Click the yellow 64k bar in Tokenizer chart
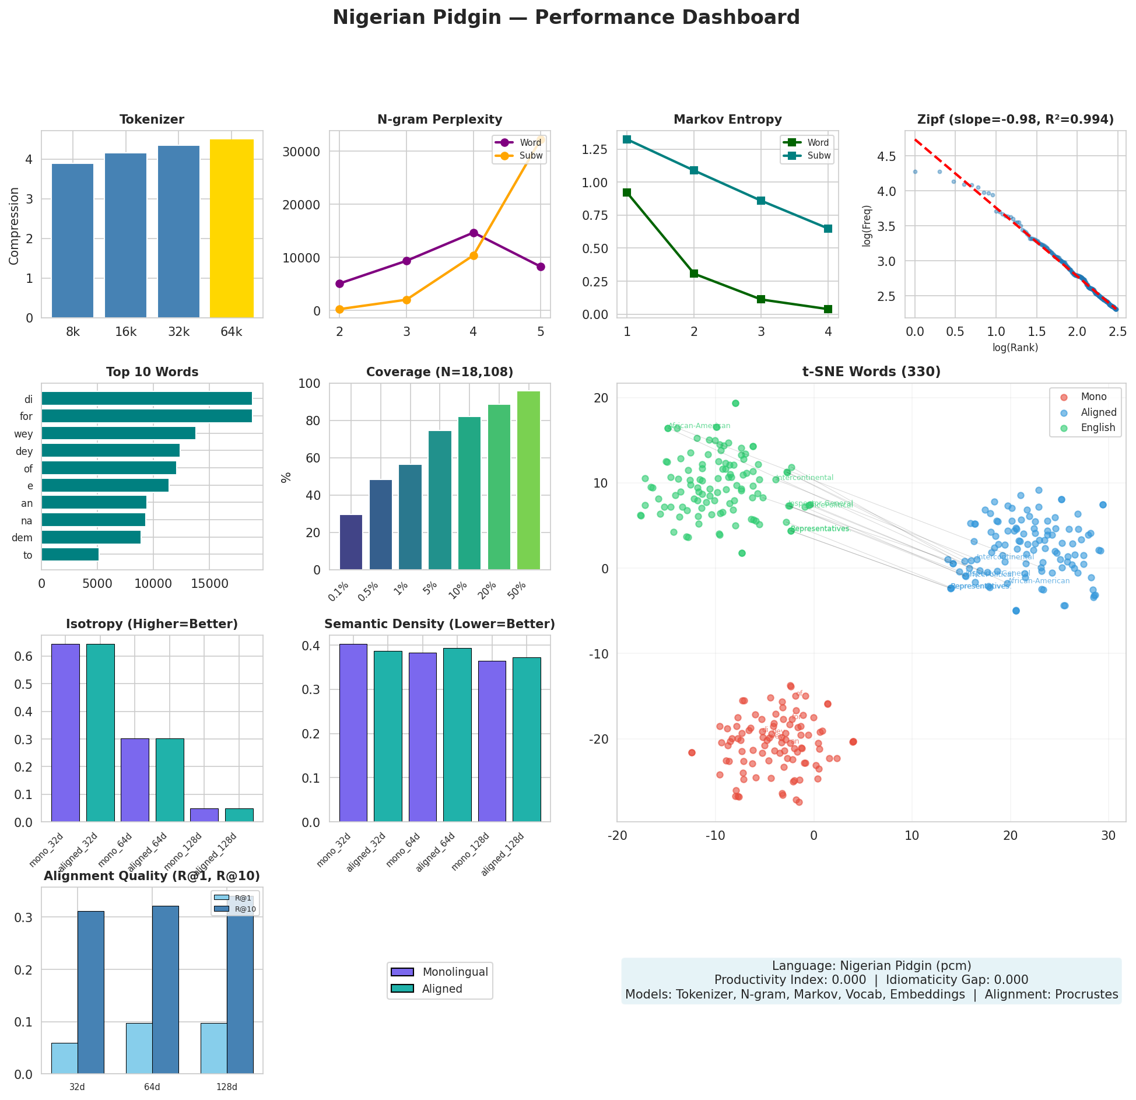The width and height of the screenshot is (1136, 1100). pyautogui.click(x=232, y=229)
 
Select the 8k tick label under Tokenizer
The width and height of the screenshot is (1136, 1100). pyautogui.click(x=73, y=332)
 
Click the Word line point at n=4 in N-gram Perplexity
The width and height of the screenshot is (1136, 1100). pyautogui.click(x=474, y=233)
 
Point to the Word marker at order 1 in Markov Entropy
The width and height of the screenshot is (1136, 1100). pyautogui.click(x=627, y=192)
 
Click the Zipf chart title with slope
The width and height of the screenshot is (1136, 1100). pyautogui.click(x=1015, y=120)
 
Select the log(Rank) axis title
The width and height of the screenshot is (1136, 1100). pyautogui.click(x=1015, y=348)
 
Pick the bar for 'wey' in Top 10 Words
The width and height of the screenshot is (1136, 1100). pyautogui.click(x=118, y=433)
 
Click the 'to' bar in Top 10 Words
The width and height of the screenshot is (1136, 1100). pyautogui.click(x=70, y=555)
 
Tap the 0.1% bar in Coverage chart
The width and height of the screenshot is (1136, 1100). pyautogui.click(x=351, y=542)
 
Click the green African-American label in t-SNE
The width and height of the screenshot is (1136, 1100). pyautogui.click(x=699, y=426)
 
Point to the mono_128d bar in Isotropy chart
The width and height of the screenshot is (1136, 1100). pyautogui.click(x=204, y=815)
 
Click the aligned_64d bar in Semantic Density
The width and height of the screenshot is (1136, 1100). pyautogui.click(x=457, y=735)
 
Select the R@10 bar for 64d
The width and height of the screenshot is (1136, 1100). pyautogui.click(x=166, y=990)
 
